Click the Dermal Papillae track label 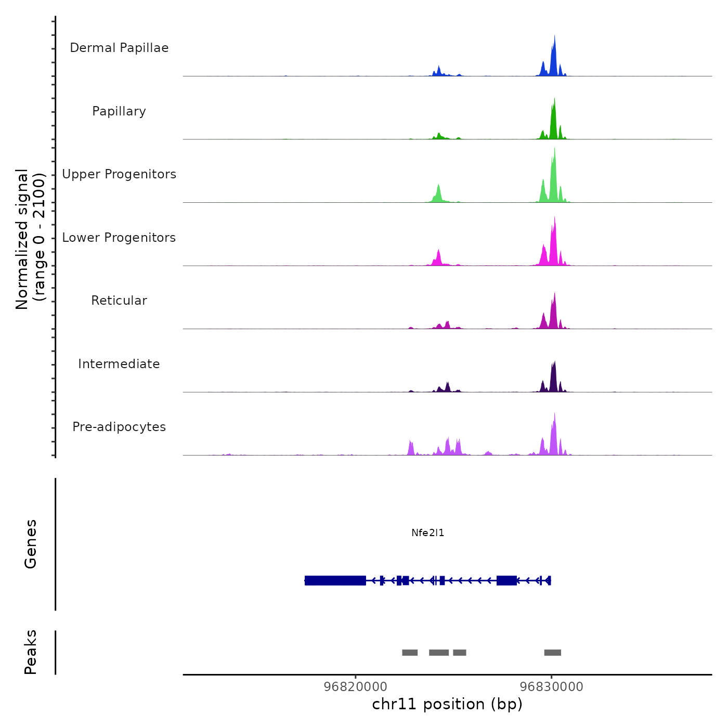(x=119, y=48)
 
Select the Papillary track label (x=119, y=111)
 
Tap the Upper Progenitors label (x=119, y=174)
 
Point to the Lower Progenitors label (x=119, y=238)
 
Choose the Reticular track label (x=119, y=301)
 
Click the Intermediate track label (x=119, y=364)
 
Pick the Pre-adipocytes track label (x=119, y=427)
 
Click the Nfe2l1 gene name (x=427, y=533)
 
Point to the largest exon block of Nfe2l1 (x=335, y=580)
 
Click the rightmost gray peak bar (x=552, y=653)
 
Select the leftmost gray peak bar (x=410, y=653)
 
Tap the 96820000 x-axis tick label (x=355, y=686)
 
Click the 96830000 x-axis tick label (x=552, y=686)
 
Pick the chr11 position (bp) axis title (x=447, y=704)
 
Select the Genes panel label (x=30, y=544)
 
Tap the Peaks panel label (x=30, y=652)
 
